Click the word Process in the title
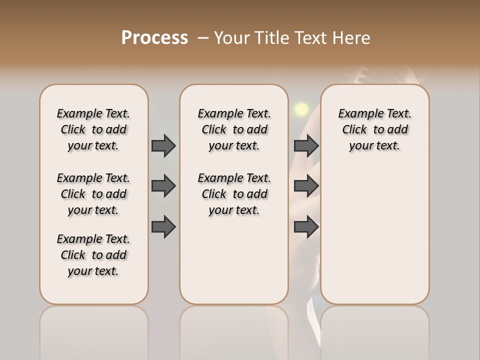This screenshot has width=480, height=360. tap(154, 38)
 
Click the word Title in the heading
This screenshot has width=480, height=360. tap(271, 38)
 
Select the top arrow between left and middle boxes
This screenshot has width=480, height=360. tap(163, 146)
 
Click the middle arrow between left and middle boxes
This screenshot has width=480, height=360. tap(163, 186)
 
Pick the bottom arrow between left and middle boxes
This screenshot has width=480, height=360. tap(163, 227)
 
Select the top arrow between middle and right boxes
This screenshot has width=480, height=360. tap(306, 146)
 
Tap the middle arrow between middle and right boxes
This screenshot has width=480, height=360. tap(306, 186)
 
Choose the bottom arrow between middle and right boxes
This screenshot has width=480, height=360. tap(306, 227)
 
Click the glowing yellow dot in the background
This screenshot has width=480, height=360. tap(301, 109)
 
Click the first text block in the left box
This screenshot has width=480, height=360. tap(93, 129)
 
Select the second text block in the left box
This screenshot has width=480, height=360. tap(93, 194)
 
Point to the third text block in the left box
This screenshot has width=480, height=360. tap(93, 255)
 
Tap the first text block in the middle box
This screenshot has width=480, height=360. tap(234, 129)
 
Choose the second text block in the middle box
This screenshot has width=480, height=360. tap(234, 194)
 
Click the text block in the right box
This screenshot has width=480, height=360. tap(375, 129)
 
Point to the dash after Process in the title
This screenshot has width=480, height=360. tap(203, 38)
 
